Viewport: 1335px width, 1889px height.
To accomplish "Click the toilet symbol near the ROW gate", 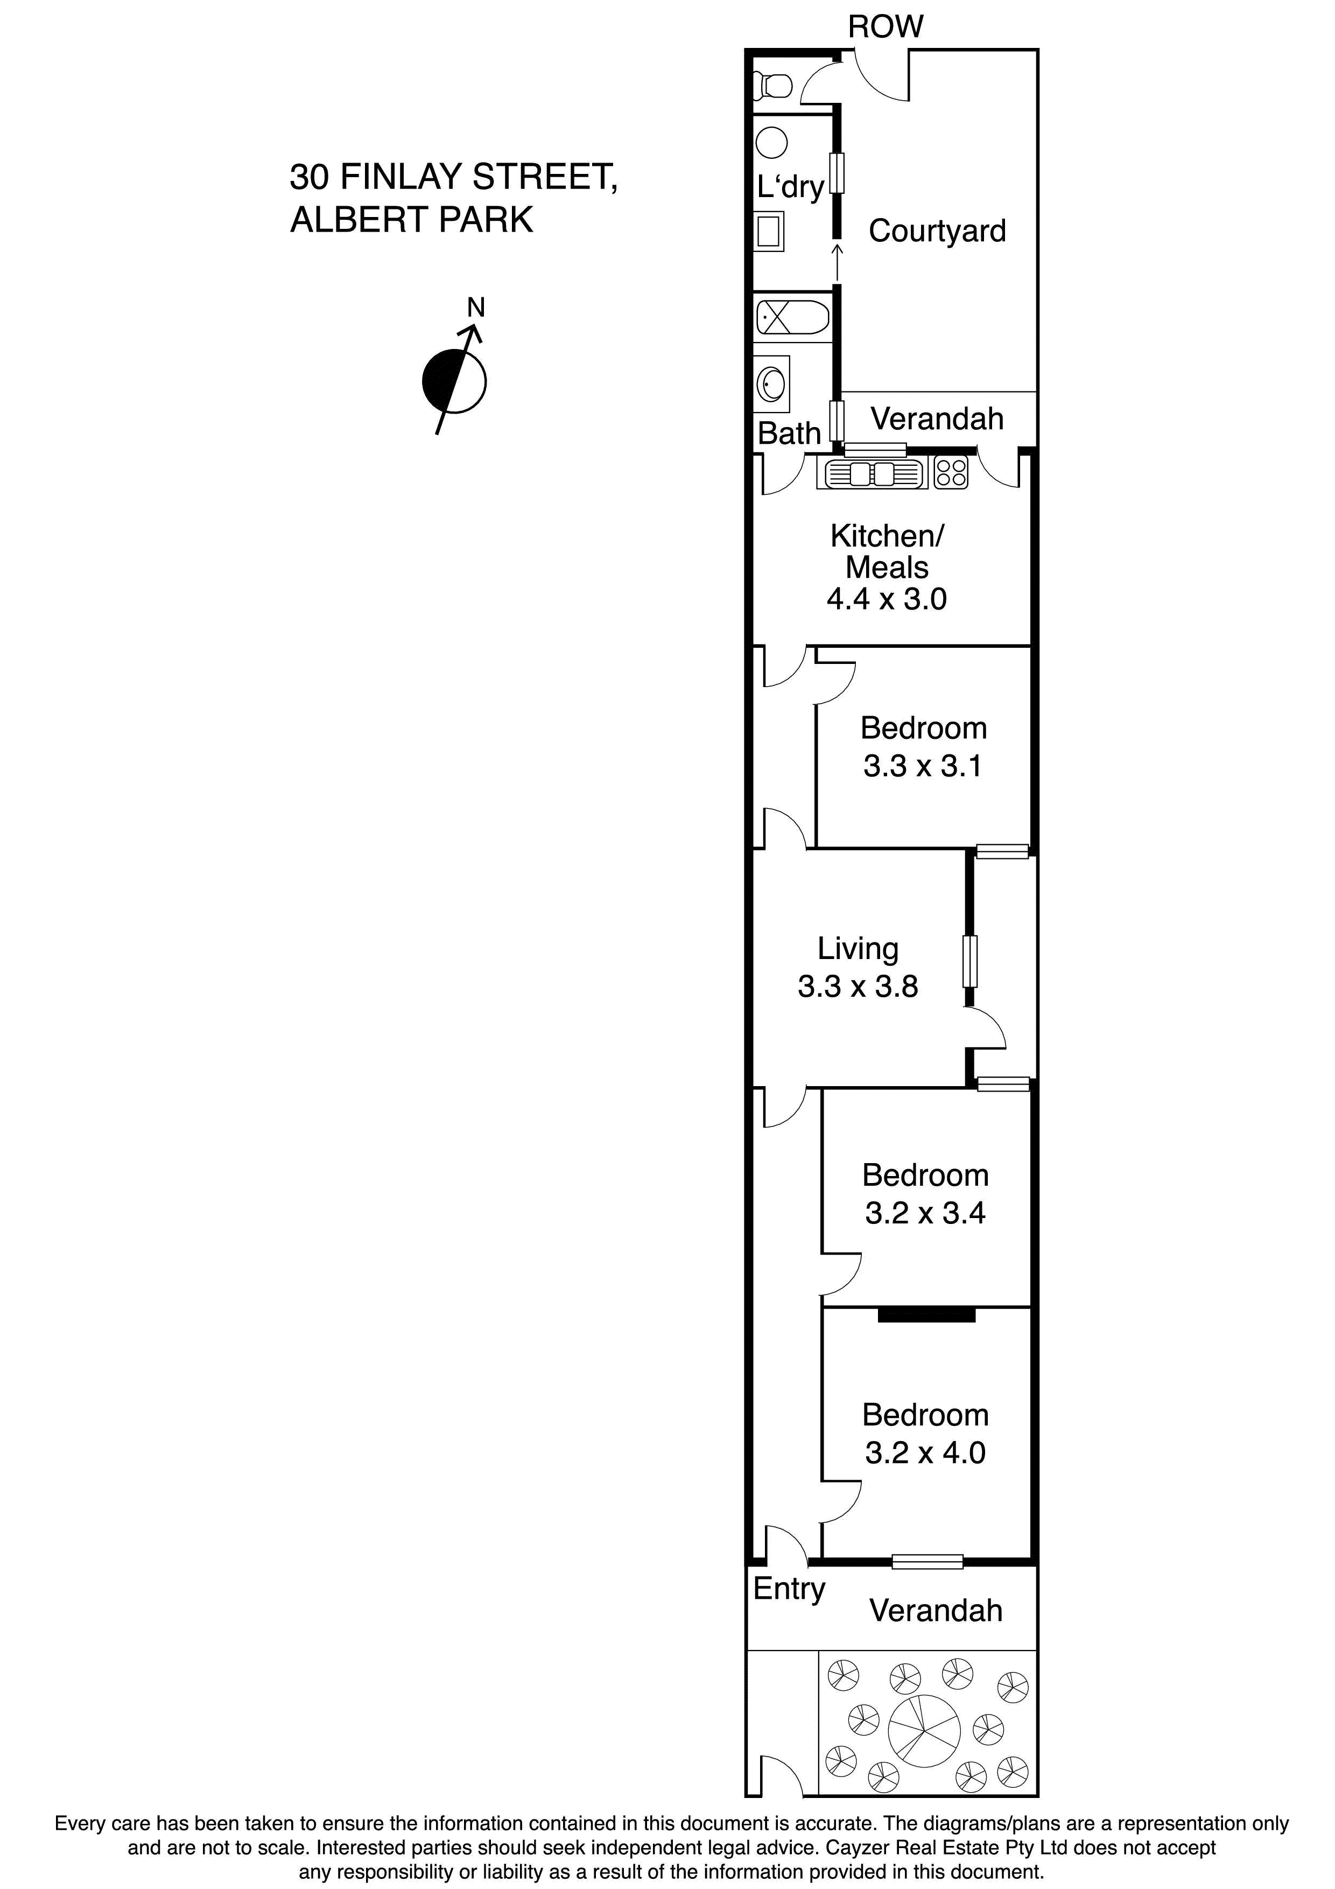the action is pyautogui.click(x=775, y=84).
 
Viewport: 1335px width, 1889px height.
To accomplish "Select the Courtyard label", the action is pyautogui.click(x=937, y=231).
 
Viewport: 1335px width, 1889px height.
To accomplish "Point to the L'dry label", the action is pyautogui.click(x=790, y=187).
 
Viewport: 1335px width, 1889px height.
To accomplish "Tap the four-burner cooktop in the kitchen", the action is pyautogui.click(x=951, y=474).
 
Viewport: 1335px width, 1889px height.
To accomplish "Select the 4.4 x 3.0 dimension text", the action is pyautogui.click(x=887, y=599).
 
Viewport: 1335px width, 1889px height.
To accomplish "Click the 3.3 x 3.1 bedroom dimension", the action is pyautogui.click(x=922, y=766).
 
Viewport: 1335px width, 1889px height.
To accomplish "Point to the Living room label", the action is pyautogui.click(x=858, y=949).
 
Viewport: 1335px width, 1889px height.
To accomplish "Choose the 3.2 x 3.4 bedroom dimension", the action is pyautogui.click(x=925, y=1213).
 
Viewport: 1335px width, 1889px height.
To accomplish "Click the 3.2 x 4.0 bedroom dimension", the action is pyautogui.click(x=925, y=1452).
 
